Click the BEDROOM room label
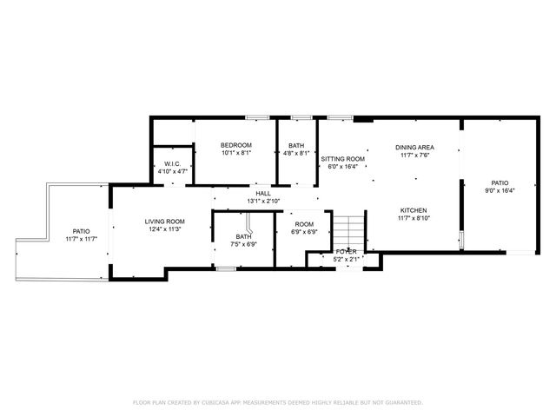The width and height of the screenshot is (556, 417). pos(235,145)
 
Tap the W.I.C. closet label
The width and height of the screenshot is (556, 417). pos(172,163)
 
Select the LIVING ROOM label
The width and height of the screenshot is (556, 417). pos(164,222)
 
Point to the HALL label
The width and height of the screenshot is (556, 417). pos(261,193)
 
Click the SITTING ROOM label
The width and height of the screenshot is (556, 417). pos(342,159)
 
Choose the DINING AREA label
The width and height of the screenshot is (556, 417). pos(414,148)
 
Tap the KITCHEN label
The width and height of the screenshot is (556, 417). pos(414,210)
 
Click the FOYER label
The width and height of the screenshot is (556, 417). pos(346,251)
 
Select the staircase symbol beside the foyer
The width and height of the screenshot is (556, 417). pos(347,232)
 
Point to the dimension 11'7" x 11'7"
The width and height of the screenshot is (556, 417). pos(81,239)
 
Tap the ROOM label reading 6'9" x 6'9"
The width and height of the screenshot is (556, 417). pos(303,224)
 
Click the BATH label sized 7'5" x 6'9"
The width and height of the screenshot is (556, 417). pos(243,236)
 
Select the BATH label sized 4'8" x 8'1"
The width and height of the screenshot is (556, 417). pos(296,145)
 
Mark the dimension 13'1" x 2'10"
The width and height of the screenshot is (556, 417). pos(261,201)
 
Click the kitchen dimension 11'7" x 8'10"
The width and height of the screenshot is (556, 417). pos(414,218)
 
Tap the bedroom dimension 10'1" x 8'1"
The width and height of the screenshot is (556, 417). pos(235,153)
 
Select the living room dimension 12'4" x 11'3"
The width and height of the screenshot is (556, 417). pos(164,229)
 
